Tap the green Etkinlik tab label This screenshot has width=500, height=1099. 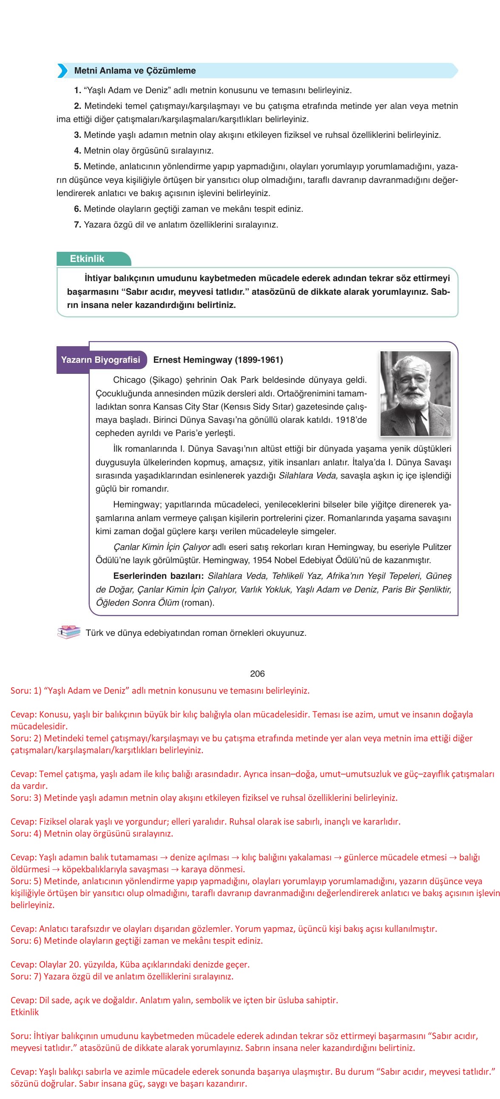click(x=87, y=259)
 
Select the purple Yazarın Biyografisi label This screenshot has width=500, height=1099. click(x=100, y=360)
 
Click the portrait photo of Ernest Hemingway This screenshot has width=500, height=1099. click(x=415, y=393)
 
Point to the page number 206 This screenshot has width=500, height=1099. click(x=257, y=673)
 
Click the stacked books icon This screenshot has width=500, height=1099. click(x=69, y=632)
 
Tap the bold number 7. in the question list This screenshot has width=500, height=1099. click(x=78, y=225)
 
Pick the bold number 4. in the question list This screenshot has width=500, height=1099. click(x=78, y=151)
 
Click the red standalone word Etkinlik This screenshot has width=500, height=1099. click(x=25, y=1012)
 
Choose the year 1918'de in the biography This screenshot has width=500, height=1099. click(x=351, y=419)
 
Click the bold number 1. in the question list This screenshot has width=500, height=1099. click(x=78, y=91)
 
